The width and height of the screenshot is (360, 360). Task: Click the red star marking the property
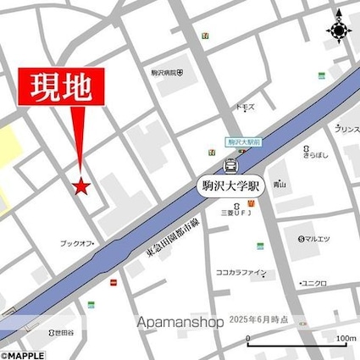[81, 186]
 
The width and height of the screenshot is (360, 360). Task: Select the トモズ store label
[245, 108]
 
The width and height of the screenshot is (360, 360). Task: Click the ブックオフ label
[77, 244]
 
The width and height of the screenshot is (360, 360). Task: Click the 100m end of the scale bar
[346, 341]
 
